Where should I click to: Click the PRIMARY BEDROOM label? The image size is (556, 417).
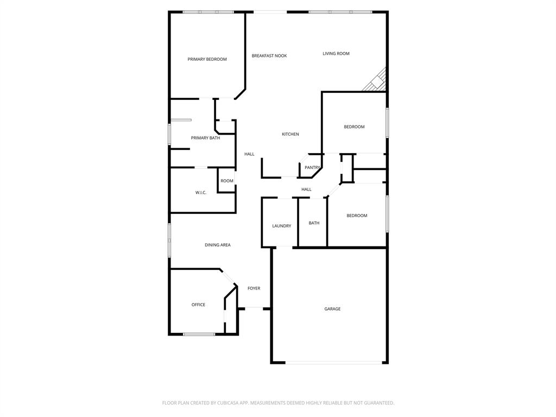click(207, 59)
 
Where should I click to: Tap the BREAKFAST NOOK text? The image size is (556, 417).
click(269, 56)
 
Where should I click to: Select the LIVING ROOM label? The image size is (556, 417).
click(336, 54)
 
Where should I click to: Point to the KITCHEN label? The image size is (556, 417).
click(290, 134)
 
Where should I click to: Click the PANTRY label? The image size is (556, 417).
click(312, 168)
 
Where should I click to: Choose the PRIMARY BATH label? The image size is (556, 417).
click(205, 138)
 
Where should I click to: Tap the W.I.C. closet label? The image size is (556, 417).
click(201, 193)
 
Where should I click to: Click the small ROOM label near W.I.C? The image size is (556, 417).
click(227, 181)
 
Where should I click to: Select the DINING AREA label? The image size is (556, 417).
click(217, 245)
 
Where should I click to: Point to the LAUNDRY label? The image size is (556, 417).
click(282, 226)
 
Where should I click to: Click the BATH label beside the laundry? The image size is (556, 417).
click(314, 223)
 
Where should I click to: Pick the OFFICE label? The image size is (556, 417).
click(198, 305)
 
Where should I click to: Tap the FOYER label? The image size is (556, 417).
click(254, 288)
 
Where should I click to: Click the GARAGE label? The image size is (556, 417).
click(332, 309)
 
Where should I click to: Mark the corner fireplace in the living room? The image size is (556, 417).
click(378, 82)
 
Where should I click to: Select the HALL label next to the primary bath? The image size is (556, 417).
click(249, 154)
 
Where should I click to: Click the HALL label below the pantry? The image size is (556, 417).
click(307, 189)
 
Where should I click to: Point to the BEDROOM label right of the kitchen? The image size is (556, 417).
click(354, 127)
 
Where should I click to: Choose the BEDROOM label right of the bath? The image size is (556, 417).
click(357, 216)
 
